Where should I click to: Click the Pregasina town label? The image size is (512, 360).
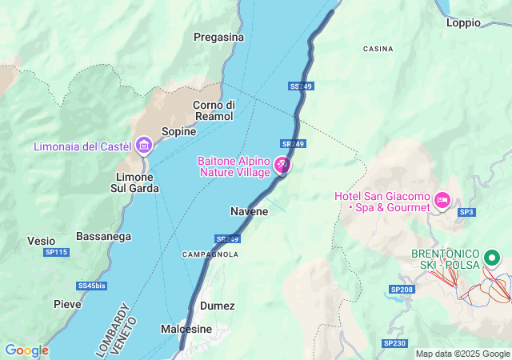tap(218, 37)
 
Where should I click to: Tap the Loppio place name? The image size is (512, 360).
tap(463, 23)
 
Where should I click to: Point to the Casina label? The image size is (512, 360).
tap(378, 49)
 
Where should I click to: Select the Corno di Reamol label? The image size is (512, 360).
tap(214, 110)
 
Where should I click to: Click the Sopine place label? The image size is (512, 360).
tap(178, 131)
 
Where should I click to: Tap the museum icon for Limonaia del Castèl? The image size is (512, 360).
tap(144, 145)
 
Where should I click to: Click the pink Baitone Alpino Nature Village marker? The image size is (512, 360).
tap(282, 166)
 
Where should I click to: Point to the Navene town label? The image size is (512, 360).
tap(249, 211)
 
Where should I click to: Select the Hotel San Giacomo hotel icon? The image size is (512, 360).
tap(442, 198)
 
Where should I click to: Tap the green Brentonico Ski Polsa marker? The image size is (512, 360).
tap(492, 258)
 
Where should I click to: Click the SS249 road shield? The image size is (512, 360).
tap(300, 86)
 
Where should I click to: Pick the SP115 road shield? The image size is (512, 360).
tap(57, 253)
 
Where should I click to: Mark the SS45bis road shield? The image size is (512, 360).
tap(91, 286)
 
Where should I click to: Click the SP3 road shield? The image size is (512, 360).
tap(466, 212)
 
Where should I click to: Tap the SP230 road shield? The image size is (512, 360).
tap(394, 343)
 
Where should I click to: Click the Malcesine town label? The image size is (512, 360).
tap(186, 329)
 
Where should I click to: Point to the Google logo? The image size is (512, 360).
tap(26, 350)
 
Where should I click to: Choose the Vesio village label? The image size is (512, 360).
tap(41, 241)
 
